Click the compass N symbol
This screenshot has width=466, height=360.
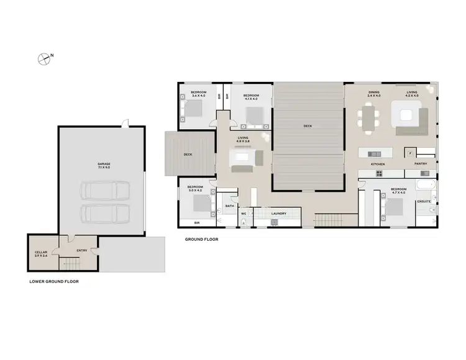45,59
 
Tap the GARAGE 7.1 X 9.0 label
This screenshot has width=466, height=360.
103,166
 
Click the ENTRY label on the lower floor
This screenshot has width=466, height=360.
81,251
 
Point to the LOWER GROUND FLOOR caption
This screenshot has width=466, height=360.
54,281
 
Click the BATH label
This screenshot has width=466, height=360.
229,205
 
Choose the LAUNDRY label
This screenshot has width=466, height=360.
279,214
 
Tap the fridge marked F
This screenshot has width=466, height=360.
409,151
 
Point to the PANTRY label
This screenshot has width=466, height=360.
421,164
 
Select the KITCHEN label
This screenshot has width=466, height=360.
378,164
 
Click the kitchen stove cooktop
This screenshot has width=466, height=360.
379,173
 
